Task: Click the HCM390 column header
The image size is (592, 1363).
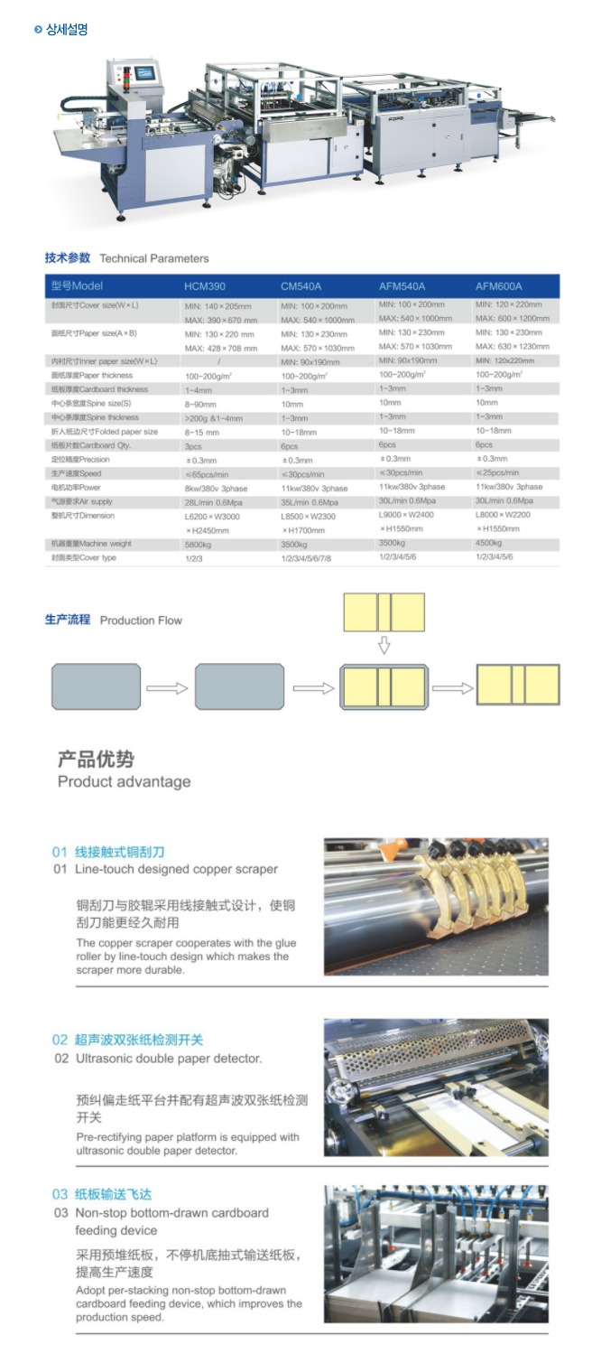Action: coord(205,286)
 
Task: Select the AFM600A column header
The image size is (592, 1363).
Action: coord(498,286)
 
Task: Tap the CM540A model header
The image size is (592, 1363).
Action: coord(301,286)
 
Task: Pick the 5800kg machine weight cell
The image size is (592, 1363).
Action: coord(200,544)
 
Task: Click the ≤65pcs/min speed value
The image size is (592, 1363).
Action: coord(207,473)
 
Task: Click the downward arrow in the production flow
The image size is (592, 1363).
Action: coord(384,645)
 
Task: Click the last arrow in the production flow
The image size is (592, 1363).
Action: coord(452,688)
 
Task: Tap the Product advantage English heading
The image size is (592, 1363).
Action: coord(124,781)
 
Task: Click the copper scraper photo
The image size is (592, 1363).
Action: coord(436,906)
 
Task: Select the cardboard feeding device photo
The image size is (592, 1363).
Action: coord(436,1255)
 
